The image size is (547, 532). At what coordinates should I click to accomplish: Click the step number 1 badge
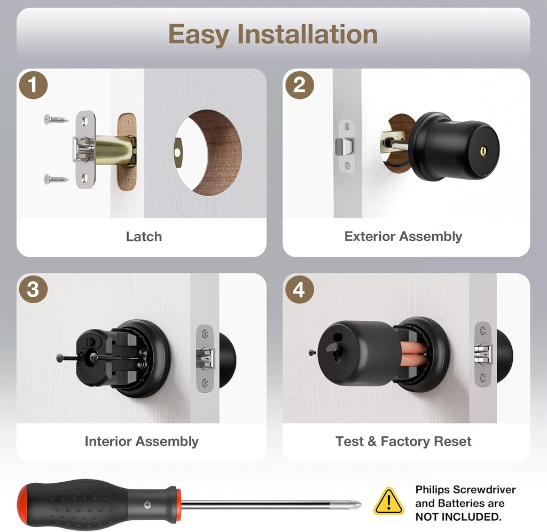(x=33, y=85)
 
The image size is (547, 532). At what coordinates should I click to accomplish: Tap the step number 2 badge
(x=299, y=85)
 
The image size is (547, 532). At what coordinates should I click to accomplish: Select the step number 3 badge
(x=33, y=289)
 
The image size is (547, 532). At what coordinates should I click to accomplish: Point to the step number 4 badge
(x=299, y=289)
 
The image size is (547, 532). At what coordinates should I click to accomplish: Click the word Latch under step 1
(x=144, y=237)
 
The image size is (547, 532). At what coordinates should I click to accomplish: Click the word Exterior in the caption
(x=370, y=236)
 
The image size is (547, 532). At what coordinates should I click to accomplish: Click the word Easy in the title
(x=199, y=35)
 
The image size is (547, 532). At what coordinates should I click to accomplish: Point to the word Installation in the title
(x=307, y=34)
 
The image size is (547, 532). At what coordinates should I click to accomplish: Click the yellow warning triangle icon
(x=389, y=502)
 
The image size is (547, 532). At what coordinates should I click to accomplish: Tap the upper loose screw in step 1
(x=56, y=119)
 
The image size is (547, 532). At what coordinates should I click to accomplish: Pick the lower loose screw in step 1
(x=56, y=179)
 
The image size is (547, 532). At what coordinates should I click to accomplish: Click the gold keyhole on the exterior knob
(x=483, y=150)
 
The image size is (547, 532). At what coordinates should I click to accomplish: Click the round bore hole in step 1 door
(x=208, y=152)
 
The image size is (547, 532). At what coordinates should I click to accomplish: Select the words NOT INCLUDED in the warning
(x=458, y=516)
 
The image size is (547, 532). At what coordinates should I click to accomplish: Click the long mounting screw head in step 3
(x=60, y=358)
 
